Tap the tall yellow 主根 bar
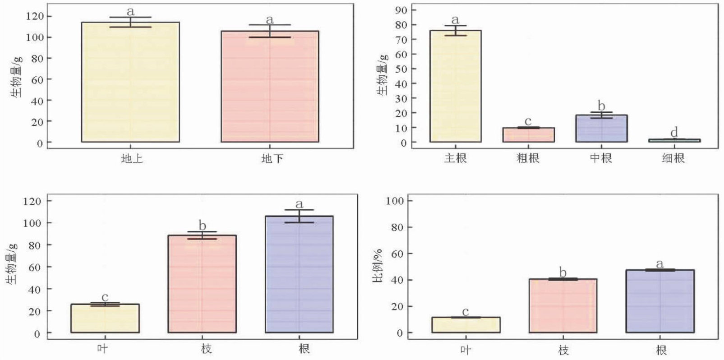(x=455, y=86)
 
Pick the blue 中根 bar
(x=601, y=129)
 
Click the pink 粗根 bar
(x=528, y=135)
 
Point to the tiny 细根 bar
(x=674, y=140)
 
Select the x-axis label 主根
(x=455, y=158)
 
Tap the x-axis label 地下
(x=272, y=159)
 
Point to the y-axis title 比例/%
(x=377, y=266)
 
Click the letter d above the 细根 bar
(x=674, y=133)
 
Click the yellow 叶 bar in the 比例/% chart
(x=466, y=325)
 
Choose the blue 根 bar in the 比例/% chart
(x=660, y=301)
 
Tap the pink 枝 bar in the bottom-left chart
(x=202, y=284)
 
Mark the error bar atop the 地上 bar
(x=130, y=22)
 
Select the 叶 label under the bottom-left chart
(x=102, y=349)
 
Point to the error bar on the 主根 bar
(x=455, y=30)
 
